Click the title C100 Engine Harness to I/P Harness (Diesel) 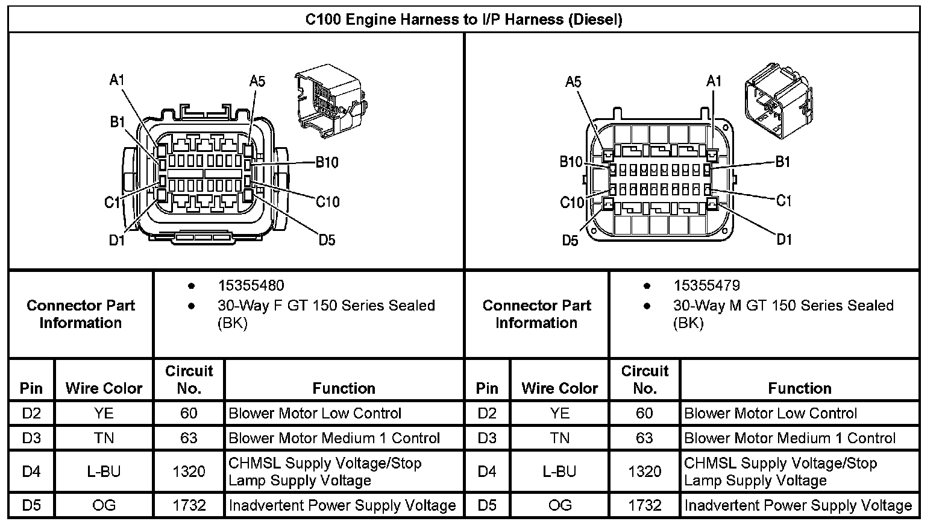463,19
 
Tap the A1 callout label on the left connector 116,80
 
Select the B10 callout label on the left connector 327,162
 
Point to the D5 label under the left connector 327,240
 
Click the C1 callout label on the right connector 783,200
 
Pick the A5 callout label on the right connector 573,82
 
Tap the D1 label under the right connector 783,240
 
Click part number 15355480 251,285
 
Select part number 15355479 706,285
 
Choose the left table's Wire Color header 104,388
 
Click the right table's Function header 799,388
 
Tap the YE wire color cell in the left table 104,413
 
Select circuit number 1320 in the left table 189,472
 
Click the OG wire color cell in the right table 559,505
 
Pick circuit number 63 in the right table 644,438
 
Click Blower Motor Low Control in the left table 315,413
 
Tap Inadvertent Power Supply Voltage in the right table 798,505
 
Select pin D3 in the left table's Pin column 31,438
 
